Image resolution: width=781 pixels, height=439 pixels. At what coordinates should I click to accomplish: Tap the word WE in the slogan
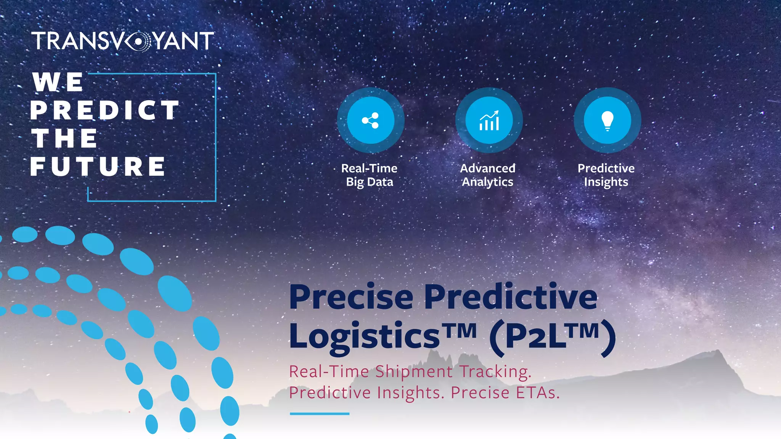58,82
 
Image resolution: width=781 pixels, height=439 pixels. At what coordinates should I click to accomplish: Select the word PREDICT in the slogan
104,111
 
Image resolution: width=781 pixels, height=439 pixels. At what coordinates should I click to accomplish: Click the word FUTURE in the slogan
98,167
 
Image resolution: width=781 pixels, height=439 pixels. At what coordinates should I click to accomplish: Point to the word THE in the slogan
64,138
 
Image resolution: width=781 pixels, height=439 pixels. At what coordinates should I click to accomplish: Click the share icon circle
370,120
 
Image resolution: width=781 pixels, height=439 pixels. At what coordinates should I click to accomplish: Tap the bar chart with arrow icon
489,120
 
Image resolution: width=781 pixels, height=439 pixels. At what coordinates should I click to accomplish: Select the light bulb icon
607,120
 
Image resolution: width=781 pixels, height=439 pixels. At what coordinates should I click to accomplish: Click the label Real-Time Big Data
369,175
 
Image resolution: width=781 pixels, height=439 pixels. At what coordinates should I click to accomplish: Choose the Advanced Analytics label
487,175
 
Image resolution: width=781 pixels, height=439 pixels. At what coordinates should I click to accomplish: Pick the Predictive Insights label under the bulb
606,175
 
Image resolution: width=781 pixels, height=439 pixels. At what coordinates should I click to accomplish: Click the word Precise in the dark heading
351,298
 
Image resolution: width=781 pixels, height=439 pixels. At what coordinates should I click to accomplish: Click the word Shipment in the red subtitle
414,372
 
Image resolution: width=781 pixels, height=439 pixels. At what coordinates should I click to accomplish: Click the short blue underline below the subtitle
320,413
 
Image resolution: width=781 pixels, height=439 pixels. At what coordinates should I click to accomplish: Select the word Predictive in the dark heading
511,298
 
